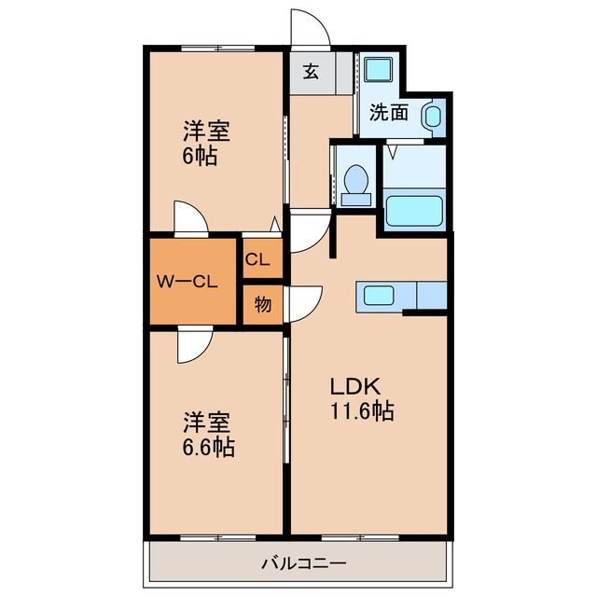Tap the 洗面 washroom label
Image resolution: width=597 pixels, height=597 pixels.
pos(389,113)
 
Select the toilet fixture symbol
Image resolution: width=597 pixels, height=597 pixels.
pos(354,183)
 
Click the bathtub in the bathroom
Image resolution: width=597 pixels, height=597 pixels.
pos(413,210)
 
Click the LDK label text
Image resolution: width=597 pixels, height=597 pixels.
pos(354,386)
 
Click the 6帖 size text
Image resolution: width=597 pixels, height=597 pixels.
pos(200,157)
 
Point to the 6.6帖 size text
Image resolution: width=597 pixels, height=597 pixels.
pos(208,447)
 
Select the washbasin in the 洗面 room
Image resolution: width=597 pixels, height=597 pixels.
pos(432,117)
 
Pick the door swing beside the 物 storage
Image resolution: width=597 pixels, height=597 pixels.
pos(306,300)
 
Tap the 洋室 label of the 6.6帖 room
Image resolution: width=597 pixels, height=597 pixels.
pos(208,423)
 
